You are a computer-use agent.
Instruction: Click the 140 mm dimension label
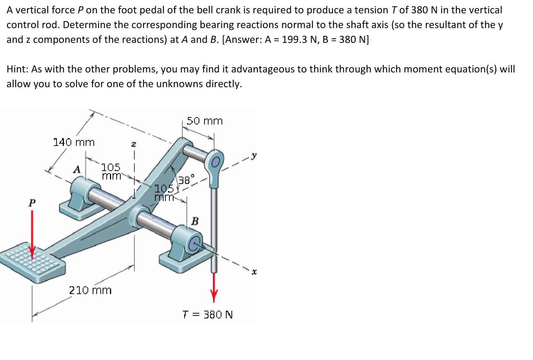coord(74,142)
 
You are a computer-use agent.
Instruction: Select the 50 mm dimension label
coord(204,121)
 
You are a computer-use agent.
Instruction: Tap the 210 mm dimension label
coord(90,290)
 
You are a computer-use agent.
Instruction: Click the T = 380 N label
coord(207,315)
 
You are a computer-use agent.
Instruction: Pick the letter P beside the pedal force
coord(32,203)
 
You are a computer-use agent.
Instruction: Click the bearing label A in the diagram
coord(76,169)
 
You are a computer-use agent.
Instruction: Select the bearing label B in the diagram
coord(195,221)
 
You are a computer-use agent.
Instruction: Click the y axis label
coord(254,155)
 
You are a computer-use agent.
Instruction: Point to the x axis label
coord(254,272)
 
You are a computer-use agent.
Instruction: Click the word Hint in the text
coord(17,69)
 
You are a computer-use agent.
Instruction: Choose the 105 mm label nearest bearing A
coord(111,171)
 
